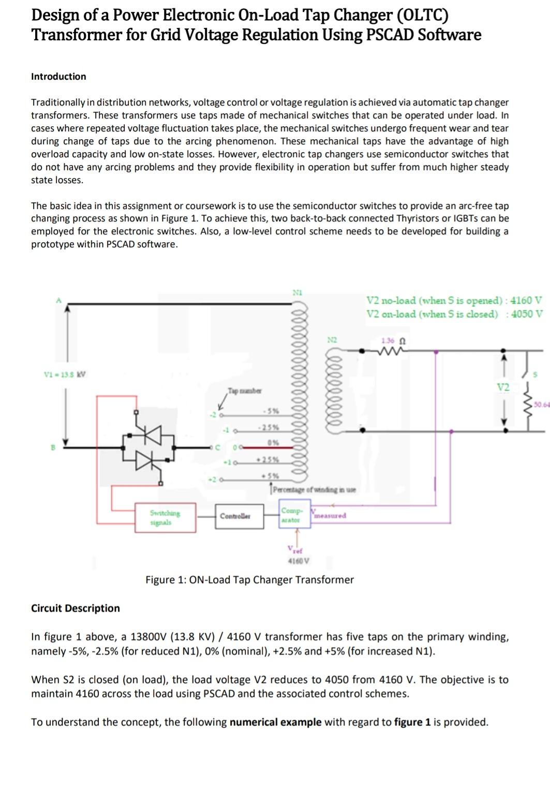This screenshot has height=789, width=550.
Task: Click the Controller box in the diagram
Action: click(x=235, y=516)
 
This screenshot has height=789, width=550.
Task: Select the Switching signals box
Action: click(x=165, y=517)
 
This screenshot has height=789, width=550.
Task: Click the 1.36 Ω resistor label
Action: click(x=393, y=341)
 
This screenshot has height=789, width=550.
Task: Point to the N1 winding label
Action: click(x=297, y=292)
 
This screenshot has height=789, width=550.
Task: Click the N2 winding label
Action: click(x=332, y=340)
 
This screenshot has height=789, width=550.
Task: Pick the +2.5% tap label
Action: click(x=270, y=460)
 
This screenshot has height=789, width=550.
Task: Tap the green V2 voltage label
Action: click(x=502, y=387)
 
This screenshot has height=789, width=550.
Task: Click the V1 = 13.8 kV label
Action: click(x=65, y=374)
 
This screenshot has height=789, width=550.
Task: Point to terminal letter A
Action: click(x=58, y=300)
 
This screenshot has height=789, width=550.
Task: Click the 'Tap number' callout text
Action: click(x=244, y=391)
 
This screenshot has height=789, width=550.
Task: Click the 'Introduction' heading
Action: click(x=58, y=77)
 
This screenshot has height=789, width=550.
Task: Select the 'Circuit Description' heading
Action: click(x=76, y=608)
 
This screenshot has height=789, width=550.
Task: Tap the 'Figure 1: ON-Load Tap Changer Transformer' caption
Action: click(x=249, y=580)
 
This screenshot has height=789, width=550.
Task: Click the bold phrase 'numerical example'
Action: click(x=275, y=722)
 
